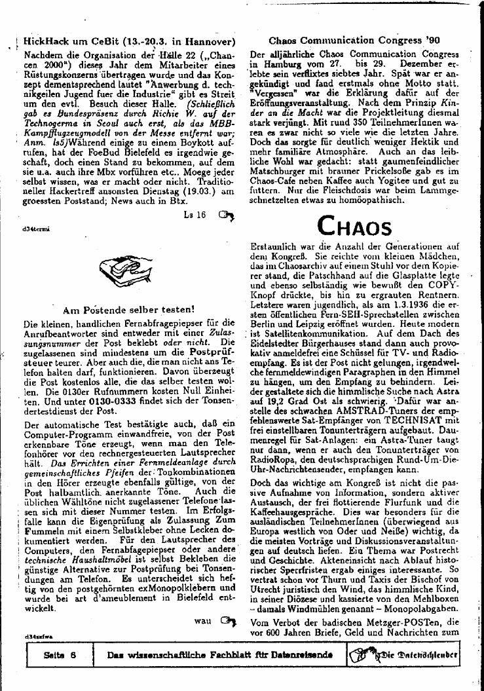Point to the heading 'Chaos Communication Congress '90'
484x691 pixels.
pyautogui.click(x=354, y=40)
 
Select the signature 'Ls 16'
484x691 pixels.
pyautogui.click(x=195, y=214)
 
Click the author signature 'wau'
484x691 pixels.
pyautogui.click(x=203, y=620)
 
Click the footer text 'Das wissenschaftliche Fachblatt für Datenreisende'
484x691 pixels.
pyautogui.click(x=219, y=655)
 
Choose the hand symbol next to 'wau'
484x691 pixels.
pyautogui.click(x=227, y=620)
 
